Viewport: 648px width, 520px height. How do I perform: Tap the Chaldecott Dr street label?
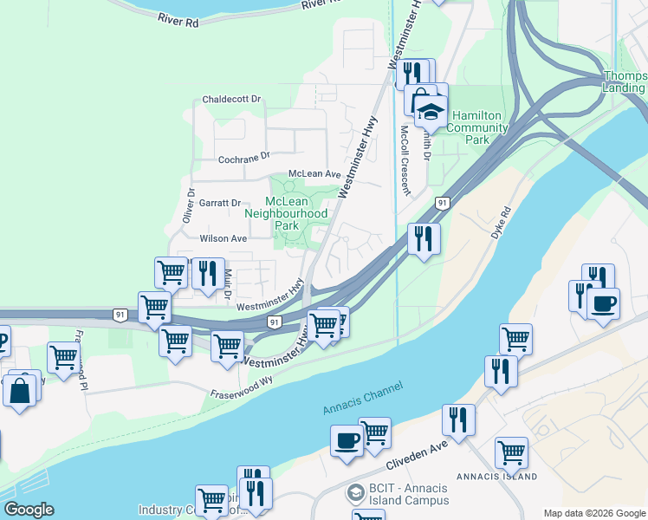[231, 100]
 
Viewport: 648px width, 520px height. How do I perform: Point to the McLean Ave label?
[314, 174]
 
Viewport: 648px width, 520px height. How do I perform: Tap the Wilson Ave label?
[224, 238]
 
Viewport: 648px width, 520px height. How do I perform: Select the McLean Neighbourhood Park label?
[287, 213]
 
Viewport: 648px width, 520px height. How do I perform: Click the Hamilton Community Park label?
[479, 127]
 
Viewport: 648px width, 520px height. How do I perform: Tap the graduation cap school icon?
[431, 110]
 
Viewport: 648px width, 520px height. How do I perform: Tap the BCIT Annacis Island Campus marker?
[355, 494]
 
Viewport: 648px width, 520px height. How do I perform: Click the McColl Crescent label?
[405, 160]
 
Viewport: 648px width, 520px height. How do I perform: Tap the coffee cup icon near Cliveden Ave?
[347, 440]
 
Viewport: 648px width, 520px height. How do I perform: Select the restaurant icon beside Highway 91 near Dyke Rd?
[423, 237]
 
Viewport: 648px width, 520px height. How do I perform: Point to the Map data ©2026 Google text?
[593, 513]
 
